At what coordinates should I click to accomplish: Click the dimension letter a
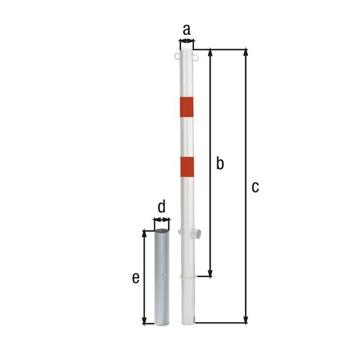pos(187,29)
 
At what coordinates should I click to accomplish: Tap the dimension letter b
pos(220,163)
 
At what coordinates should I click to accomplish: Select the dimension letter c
pos(255,187)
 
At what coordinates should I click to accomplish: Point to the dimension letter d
pos(161,206)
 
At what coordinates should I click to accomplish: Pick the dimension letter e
pos(136,278)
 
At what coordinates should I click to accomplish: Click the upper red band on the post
pos(187,107)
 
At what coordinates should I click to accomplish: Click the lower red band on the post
pos(187,167)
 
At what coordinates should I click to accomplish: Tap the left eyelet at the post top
pos(177,56)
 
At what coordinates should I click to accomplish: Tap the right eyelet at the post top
pos(196,58)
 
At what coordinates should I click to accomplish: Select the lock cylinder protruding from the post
pos(196,234)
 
